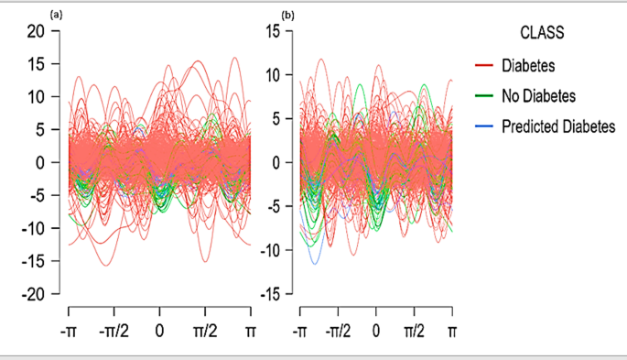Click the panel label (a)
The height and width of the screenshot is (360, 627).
click(57, 14)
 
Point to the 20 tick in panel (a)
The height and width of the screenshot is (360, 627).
click(37, 31)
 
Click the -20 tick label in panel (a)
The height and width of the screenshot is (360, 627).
click(34, 295)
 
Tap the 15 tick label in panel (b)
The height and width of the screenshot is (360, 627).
click(267, 31)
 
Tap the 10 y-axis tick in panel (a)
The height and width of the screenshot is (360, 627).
click(37, 97)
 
